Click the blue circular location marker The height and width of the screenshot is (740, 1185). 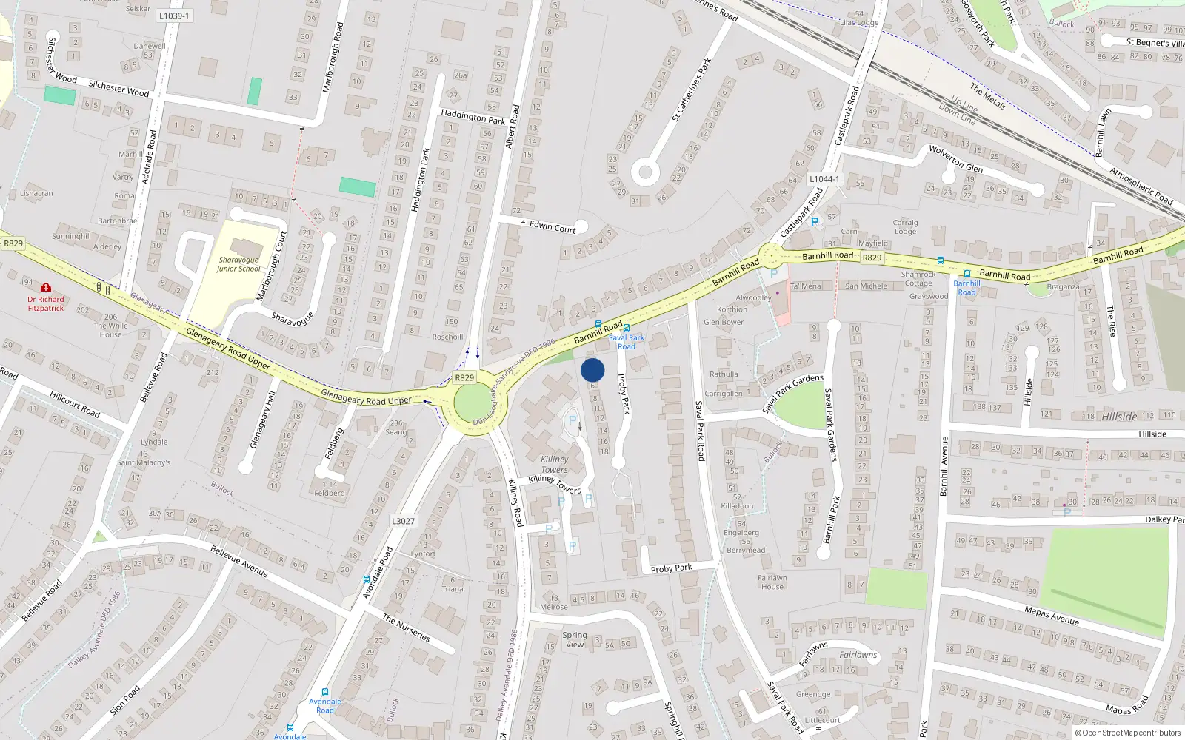[592, 370]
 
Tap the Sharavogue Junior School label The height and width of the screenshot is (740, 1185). [238, 264]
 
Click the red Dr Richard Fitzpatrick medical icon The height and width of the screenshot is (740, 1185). [46, 288]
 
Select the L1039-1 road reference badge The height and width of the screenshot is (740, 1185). [174, 15]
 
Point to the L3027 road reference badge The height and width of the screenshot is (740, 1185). [403, 521]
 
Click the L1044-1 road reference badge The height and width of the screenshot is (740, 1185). [824, 179]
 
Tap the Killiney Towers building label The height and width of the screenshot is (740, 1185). [554, 465]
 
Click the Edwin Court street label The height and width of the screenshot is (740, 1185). [553, 226]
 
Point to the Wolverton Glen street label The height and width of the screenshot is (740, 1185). [955, 158]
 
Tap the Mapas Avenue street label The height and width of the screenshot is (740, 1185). [1052, 615]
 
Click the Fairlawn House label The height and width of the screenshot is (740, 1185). [772, 582]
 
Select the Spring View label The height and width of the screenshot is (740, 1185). [575, 639]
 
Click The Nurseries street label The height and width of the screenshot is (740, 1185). [406, 628]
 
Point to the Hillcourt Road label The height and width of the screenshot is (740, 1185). [75, 405]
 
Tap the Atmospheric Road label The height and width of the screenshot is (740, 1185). [1141, 186]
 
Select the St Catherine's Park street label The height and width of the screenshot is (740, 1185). [691, 90]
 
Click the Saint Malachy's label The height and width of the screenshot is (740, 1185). [144, 462]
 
